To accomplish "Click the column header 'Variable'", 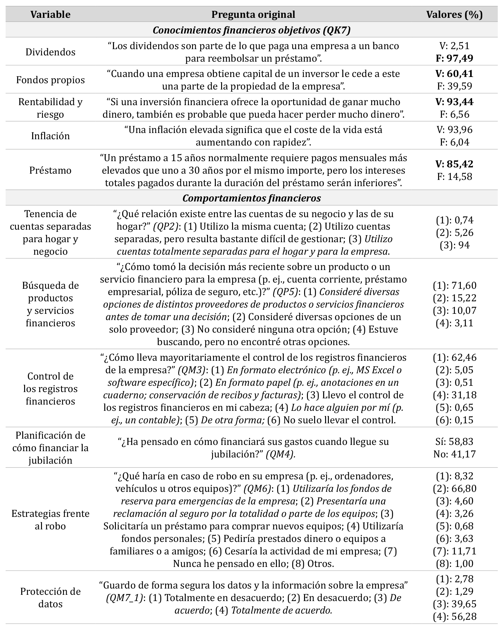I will pyautogui.click(x=50, y=14).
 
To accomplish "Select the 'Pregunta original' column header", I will pyautogui.click(x=253, y=14).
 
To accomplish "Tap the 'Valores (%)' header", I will pyautogui.click(x=454, y=14).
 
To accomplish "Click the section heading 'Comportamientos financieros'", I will pyautogui.click(x=252, y=198).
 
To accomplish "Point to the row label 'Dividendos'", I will pyautogui.click(x=50, y=52).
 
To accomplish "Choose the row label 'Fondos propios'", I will pyautogui.click(x=50, y=80).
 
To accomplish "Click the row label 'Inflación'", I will pyautogui.click(x=50, y=136).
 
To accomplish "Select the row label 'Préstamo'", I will pyautogui.click(x=50, y=170).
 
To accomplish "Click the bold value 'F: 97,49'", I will pyautogui.click(x=454, y=58).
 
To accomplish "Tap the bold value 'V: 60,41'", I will pyautogui.click(x=454, y=74).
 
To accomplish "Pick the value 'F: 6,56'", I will pyautogui.click(x=454, y=115).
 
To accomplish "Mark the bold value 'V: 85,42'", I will pyautogui.click(x=454, y=164).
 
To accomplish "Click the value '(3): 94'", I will pyautogui.click(x=454, y=245).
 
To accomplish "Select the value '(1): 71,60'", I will pyautogui.click(x=454, y=285).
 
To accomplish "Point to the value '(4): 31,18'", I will pyautogui.click(x=454, y=395).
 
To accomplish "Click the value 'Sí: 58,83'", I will pyautogui.click(x=454, y=441).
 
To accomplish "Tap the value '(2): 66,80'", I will pyautogui.click(x=454, y=488).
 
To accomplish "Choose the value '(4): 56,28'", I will pyautogui.click(x=454, y=616).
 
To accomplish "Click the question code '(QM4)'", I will pyautogui.click(x=280, y=454).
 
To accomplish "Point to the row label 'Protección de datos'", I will pyautogui.click(x=50, y=598).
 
